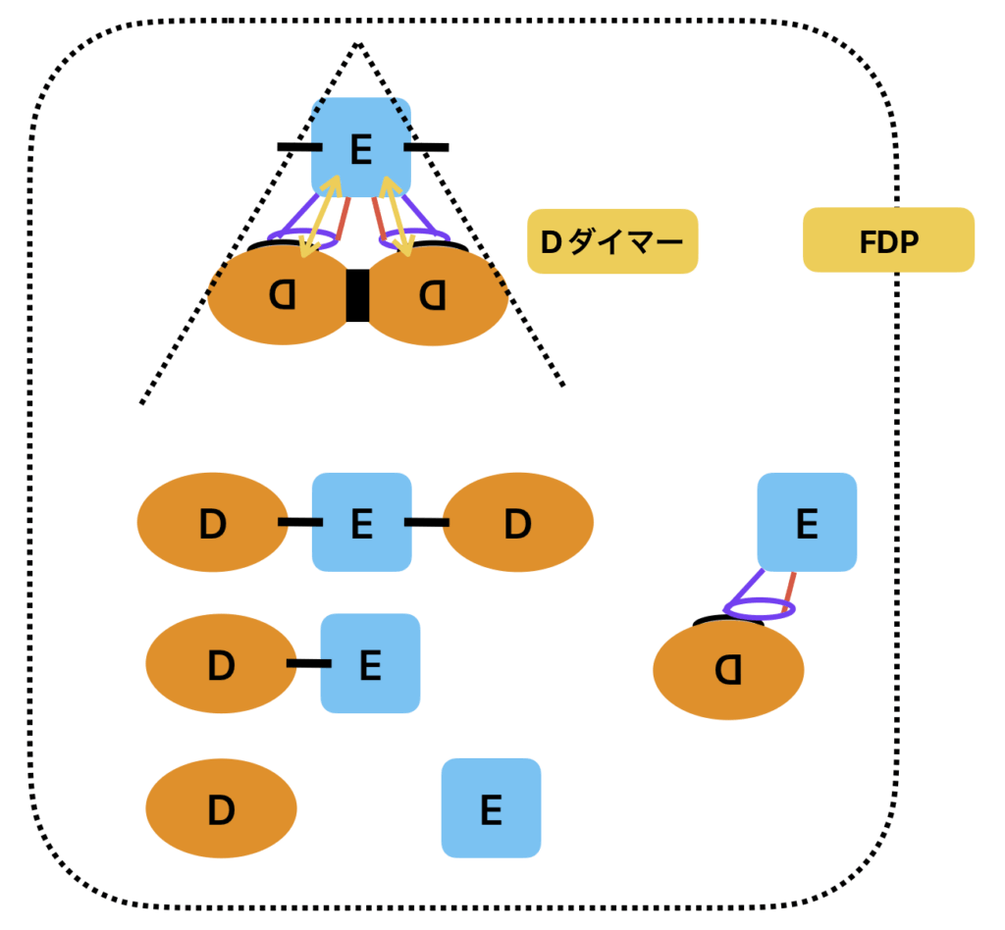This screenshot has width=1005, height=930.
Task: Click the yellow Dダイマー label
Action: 612,241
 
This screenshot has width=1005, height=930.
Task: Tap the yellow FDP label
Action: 888,240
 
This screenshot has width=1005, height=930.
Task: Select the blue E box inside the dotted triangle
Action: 360,147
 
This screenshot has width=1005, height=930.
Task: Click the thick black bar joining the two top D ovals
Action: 357,295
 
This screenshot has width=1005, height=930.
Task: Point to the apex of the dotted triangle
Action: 358,43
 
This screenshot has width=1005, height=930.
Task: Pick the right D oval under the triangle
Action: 435,296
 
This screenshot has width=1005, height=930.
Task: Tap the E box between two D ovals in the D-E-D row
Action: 361,522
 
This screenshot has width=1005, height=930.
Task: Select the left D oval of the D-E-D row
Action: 212,522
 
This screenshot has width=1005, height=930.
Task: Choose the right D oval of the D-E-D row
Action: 518,522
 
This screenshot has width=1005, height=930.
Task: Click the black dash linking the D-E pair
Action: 308,664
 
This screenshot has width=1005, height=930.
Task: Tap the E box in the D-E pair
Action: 370,663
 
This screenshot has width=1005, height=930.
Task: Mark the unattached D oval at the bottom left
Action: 221,808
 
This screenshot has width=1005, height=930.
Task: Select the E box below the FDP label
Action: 807,522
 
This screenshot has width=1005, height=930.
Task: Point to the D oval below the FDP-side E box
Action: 728,671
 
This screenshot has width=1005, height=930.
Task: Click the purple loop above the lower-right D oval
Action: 759,609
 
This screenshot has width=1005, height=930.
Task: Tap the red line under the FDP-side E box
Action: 789,587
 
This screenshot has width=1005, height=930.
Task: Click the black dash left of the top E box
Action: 299,147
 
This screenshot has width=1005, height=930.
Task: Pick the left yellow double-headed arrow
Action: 320,217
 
